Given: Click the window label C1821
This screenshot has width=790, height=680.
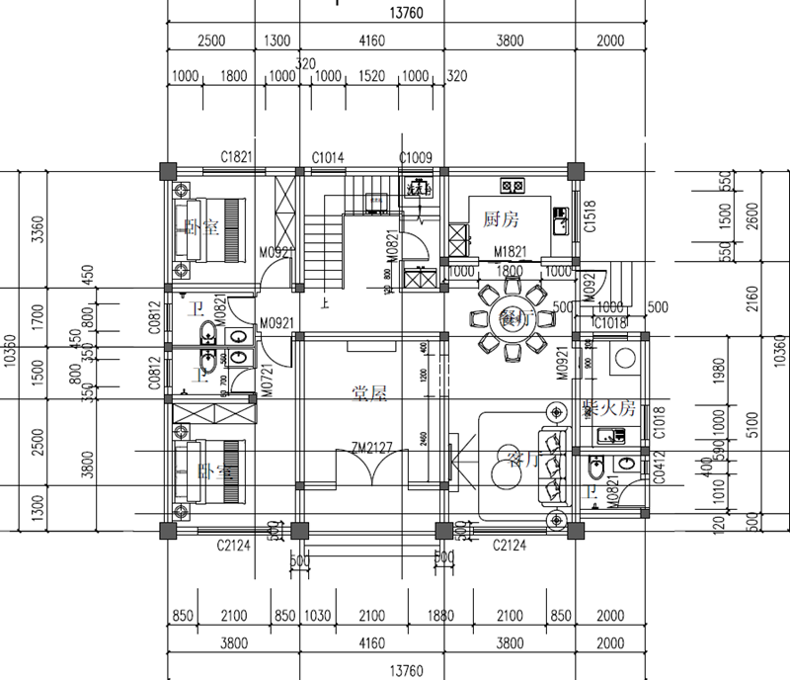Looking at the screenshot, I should coord(238,157).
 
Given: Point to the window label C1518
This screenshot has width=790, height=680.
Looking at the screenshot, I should coord(590,215).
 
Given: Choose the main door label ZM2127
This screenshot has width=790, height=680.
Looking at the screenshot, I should coord(371,448).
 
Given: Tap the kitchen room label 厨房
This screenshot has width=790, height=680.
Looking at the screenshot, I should coord(501,218).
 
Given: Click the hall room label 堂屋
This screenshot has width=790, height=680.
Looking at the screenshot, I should coord(369,392).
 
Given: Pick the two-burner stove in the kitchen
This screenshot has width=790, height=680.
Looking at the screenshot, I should coord(513,185).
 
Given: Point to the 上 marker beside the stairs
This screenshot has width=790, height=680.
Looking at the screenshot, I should coord(325,304).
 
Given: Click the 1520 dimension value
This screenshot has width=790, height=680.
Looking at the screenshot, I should coord(371,77).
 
